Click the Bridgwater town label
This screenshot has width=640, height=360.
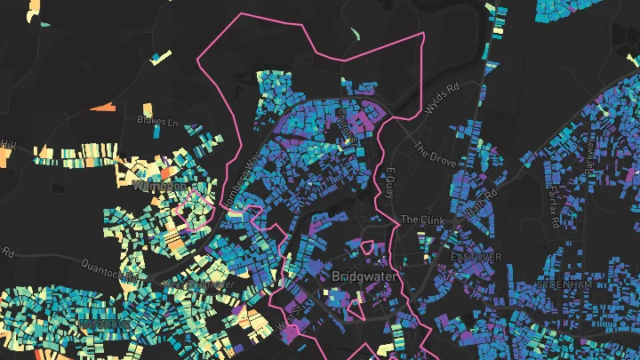(365, 276)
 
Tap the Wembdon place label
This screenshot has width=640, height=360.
(160, 187)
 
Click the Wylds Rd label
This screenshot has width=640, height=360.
(442, 105)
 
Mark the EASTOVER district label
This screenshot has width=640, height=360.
(476, 256)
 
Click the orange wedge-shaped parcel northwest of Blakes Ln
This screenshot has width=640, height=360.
(104, 108)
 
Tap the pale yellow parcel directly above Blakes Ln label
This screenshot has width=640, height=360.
(156, 107)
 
